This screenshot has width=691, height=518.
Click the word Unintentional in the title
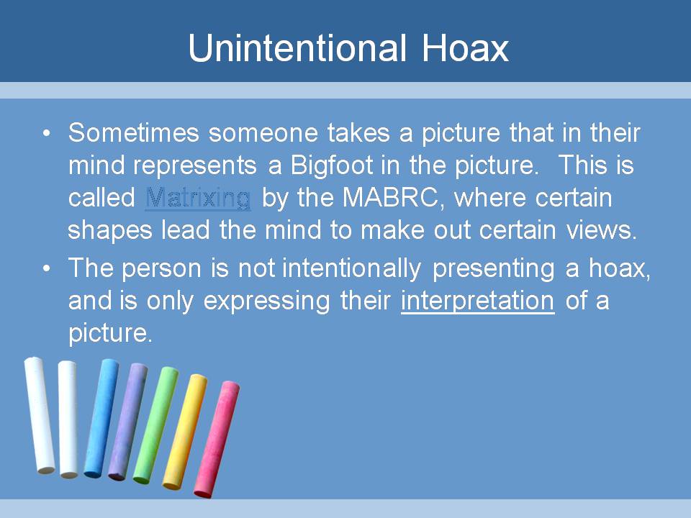(x=297, y=47)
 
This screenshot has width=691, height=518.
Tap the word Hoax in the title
(x=466, y=47)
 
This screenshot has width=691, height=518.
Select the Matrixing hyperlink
(x=198, y=198)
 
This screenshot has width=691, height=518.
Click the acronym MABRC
(x=390, y=198)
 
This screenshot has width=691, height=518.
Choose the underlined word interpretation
(x=478, y=301)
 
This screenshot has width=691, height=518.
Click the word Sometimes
(x=134, y=132)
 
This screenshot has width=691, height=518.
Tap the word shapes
(x=109, y=230)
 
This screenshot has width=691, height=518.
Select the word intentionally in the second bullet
(x=352, y=268)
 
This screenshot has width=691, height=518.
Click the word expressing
(x=266, y=301)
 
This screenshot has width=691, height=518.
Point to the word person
(x=161, y=268)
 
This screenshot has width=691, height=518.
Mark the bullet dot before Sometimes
(x=48, y=133)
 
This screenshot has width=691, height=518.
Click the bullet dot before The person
(x=48, y=268)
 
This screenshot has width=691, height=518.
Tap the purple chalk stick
(x=128, y=422)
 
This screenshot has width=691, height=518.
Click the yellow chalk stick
(x=185, y=432)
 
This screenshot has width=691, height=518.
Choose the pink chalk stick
(x=217, y=439)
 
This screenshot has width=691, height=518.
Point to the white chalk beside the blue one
(x=68, y=419)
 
